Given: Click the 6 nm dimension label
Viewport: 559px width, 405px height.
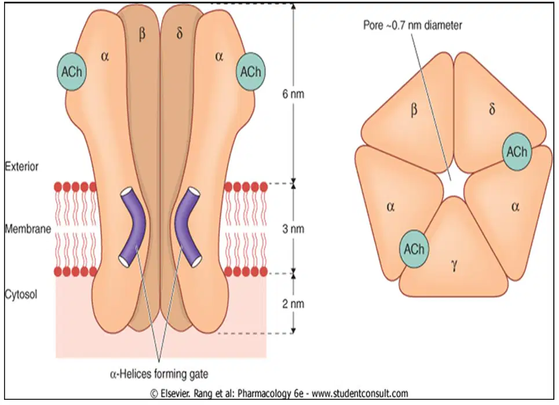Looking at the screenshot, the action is point(293,94).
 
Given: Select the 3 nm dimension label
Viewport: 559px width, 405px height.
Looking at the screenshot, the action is point(293,229).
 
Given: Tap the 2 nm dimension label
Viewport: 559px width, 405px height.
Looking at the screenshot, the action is point(293,304).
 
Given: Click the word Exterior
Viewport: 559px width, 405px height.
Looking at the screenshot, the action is point(22,166).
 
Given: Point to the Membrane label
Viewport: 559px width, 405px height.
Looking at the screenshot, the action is point(28,229).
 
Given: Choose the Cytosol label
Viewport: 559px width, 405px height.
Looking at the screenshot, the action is point(21,295).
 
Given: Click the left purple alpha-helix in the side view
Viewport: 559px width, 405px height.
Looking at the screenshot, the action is point(133,227).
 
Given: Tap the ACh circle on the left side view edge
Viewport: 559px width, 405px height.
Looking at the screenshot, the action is point(72,72).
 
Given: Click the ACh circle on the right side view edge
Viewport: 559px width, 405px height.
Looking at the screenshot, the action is point(251,72).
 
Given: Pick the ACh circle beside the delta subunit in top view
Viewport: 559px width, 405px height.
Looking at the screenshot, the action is point(517,152).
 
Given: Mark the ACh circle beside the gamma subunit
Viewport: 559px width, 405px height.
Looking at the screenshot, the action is point(414,249).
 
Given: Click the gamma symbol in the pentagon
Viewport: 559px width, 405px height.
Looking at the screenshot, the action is point(454,265).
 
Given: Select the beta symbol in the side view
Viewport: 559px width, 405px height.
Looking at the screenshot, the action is point(142,35).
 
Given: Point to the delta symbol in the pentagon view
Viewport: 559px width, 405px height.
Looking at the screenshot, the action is point(492,109).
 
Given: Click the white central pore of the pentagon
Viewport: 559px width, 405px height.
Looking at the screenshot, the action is point(452,183).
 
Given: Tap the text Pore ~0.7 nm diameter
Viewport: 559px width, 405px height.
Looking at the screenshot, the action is point(412,25).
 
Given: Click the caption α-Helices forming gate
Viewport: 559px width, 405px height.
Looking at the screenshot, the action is point(159,374).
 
